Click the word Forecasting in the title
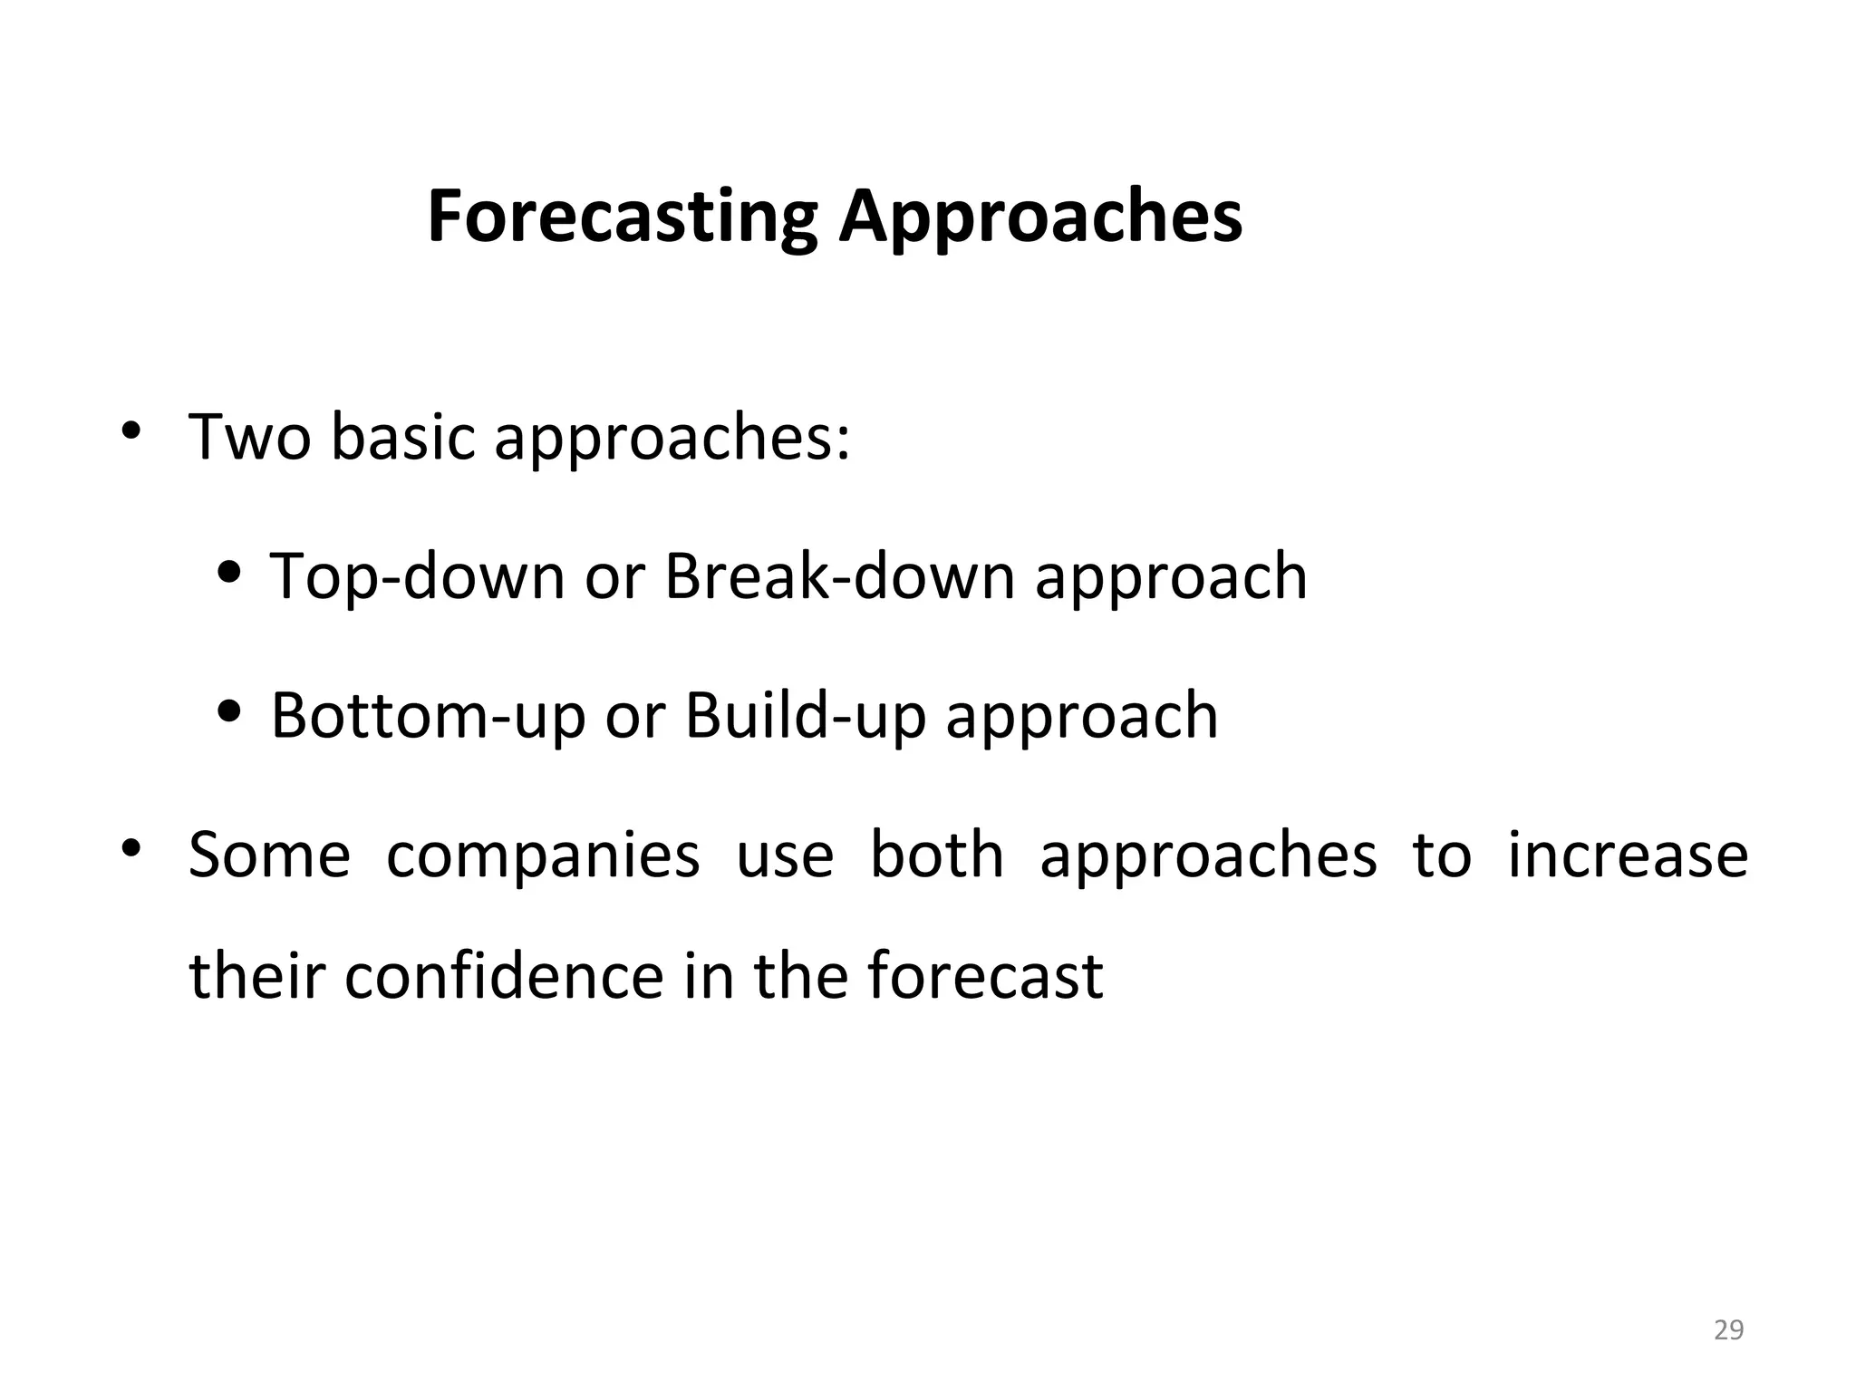(622, 217)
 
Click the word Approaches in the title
(1039, 217)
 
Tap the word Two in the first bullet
(248, 438)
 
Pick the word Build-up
(805, 716)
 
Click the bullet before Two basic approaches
(131, 430)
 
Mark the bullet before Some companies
(131, 848)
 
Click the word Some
(269, 855)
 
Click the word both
(937, 855)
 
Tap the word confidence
(503, 977)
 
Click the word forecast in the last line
(985, 977)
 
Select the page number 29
(1729, 1330)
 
